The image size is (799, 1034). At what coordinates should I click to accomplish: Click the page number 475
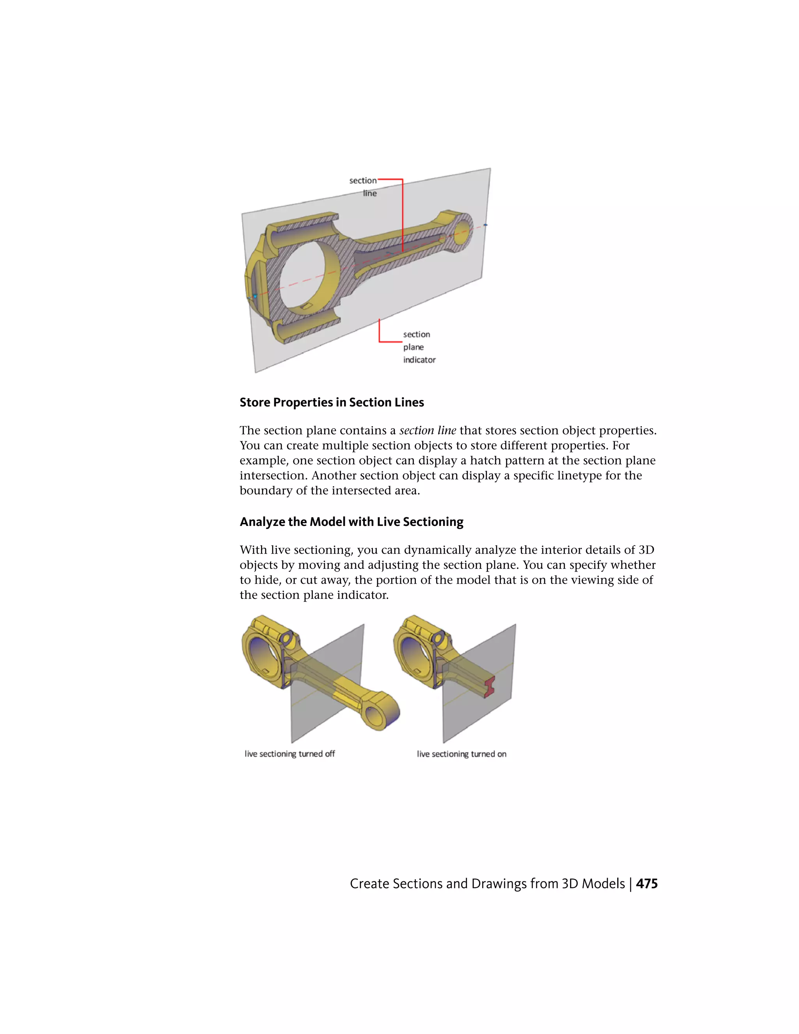pos(646,883)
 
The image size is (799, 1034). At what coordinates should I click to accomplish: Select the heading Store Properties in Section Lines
pos(331,402)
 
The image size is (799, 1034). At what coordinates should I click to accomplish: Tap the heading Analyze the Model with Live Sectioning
pos(351,522)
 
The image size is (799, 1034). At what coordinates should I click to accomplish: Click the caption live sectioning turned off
pos(290,754)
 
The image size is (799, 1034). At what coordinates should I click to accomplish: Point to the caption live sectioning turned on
pos(462,754)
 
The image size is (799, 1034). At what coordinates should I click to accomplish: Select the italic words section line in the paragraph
pos(428,430)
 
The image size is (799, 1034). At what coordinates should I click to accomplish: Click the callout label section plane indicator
pos(419,347)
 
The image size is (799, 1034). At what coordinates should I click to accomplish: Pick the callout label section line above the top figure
pos(364,187)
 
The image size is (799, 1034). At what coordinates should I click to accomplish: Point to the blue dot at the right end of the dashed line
pos(485,225)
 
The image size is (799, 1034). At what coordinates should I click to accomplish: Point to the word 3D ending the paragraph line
pos(646,550)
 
